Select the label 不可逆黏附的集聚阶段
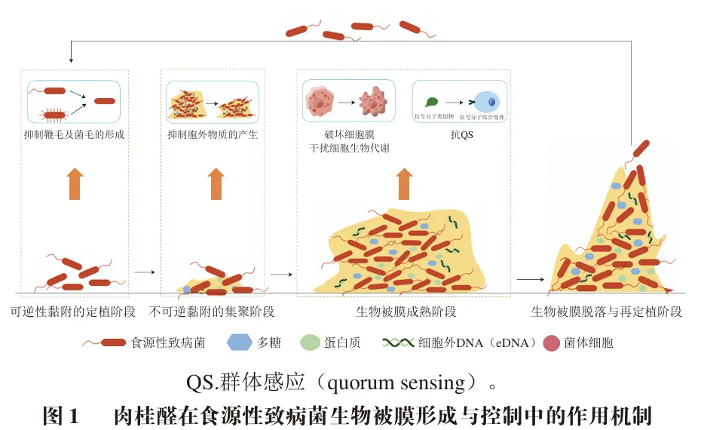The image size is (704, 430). tap(212, 312)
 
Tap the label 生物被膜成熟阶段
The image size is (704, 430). tap(406, 312)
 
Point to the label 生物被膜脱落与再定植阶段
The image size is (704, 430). tap(607, 312)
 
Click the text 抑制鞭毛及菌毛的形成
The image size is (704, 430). tap(74, 135)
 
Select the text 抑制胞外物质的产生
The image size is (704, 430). tap(213, 135)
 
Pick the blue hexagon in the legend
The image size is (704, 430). tap(239, 342)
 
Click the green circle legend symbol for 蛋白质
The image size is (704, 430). tap(311, 342)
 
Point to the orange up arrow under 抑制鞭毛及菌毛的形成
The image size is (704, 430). tap(75, 183)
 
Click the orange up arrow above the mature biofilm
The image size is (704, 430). tap(405, 183)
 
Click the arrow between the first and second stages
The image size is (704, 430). tap(144, 272)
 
